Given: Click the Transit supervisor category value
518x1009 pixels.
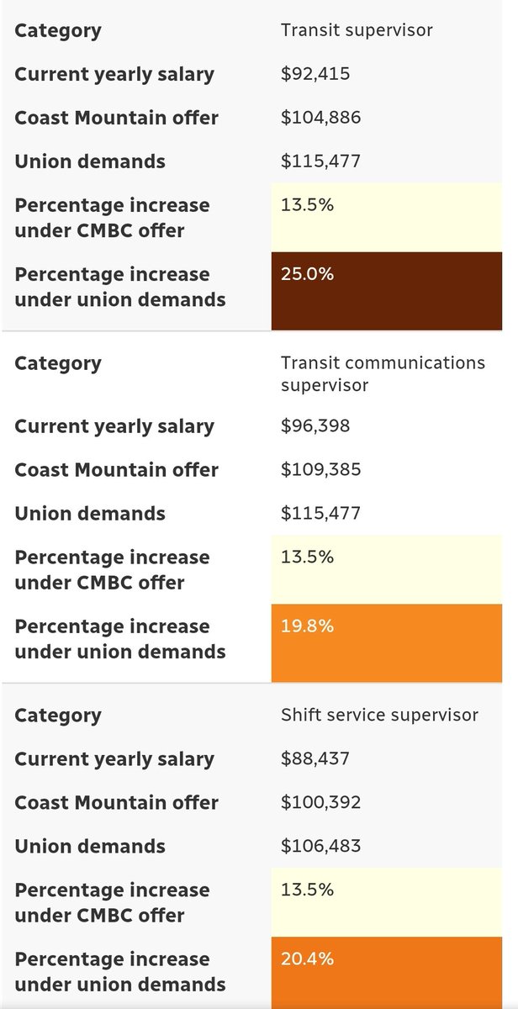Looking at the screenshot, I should pos(357,31).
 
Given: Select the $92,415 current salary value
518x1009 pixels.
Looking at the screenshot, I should pos(315,74).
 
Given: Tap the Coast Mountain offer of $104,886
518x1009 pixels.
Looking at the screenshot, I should pos(320,118).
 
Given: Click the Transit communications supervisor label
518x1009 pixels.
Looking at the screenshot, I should pos(383,373).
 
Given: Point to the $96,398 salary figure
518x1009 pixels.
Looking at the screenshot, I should pos(315,426).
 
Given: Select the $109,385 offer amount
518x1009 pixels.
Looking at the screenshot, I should pos(320,470).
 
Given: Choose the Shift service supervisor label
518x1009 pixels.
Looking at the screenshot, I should pos(379,716).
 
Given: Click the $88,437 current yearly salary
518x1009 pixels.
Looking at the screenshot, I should pos(315,759).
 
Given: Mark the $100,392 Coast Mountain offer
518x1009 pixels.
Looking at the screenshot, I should pos(320,803).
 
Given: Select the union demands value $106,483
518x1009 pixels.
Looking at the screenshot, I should pos(320,847).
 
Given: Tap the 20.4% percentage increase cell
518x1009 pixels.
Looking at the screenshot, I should pos(387,975).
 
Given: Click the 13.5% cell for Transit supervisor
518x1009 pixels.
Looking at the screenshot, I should pos(387,218).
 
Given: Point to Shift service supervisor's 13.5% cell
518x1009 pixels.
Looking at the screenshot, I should pos(387,902).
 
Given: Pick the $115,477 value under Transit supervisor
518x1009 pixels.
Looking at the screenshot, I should pos(320,161).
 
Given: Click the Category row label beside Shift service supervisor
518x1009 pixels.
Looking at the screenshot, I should pos(57,716).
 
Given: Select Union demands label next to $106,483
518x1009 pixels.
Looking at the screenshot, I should pos(90,847).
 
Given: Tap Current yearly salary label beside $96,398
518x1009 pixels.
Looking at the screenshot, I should pos(114,426).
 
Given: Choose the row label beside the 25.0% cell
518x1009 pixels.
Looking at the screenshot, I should pos(120,287).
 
